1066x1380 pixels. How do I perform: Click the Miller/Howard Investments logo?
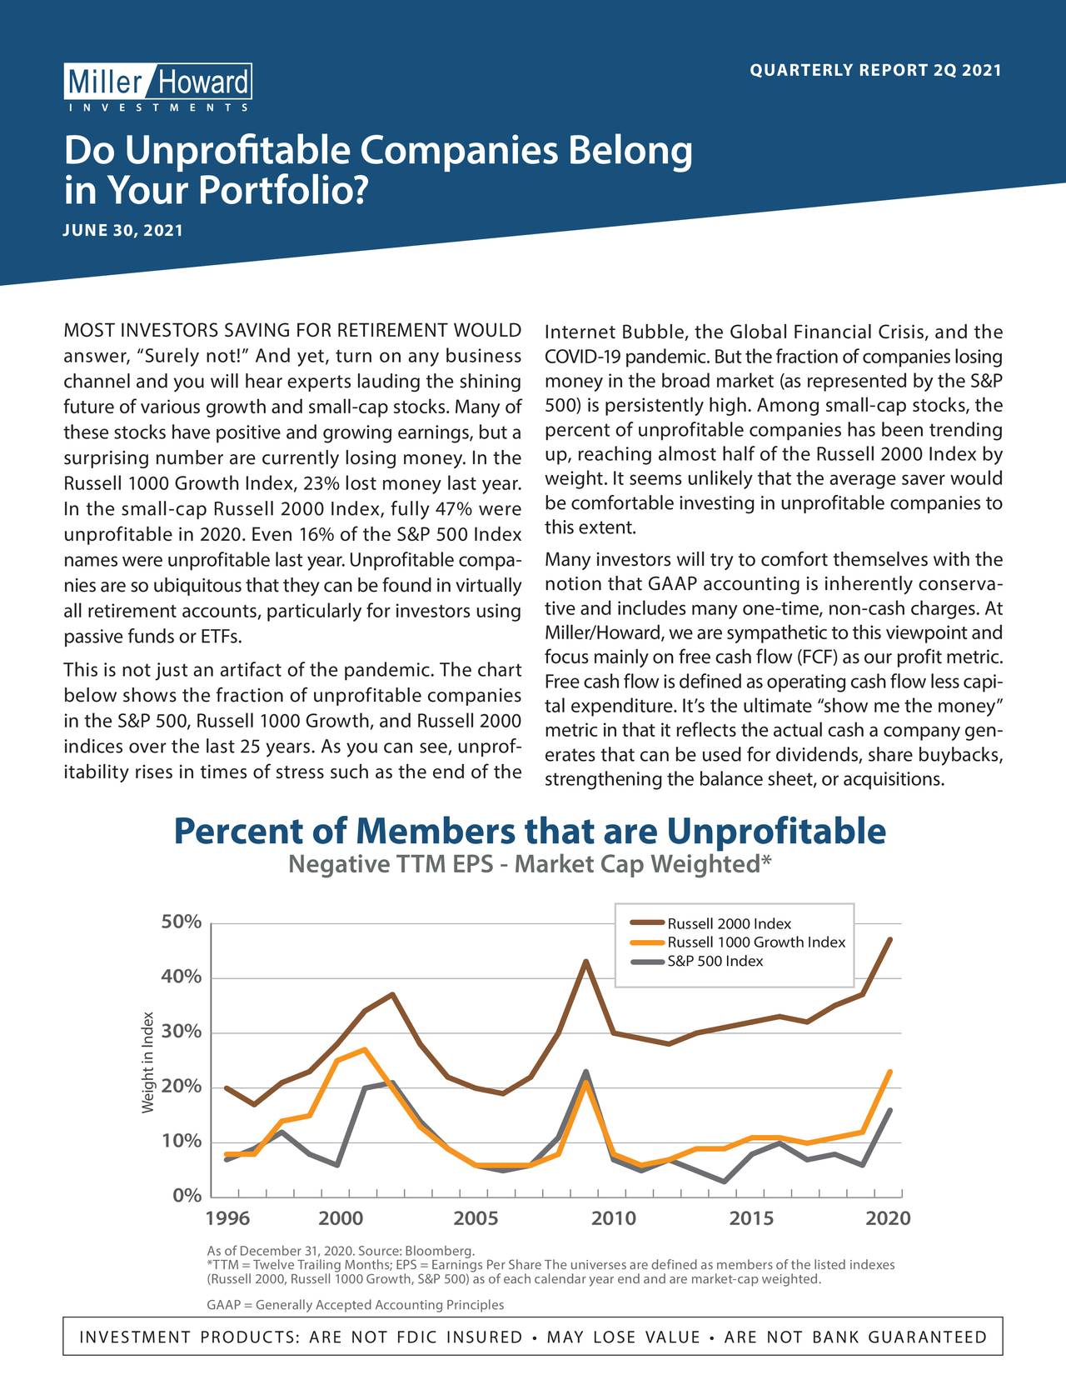click(x=157, y=87)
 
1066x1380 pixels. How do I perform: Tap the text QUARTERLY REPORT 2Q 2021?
click(x=875, y=70)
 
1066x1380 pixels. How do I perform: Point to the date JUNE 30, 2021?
click(x=123, y=230)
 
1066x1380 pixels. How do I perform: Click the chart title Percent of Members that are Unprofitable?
click(x=530, y=831)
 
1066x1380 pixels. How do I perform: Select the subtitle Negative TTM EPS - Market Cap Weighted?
click(x=530, y=863)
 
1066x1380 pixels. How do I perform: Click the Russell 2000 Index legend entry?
click(x=710, y=923)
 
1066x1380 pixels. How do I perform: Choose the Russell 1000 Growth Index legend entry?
click(x=737, y=942)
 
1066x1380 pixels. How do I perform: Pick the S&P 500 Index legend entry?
click(x=697, y=961)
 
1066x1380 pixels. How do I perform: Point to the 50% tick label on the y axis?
click(x=181, y=922)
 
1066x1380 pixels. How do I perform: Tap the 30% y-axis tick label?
click(x=181, y=1032)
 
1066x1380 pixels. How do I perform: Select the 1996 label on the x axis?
click(x=228, y=1218)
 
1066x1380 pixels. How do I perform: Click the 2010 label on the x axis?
click(x=614, y=1218)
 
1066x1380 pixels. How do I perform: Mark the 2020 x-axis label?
click(x=889, y=1218)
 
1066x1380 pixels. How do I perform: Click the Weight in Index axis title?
click(x=147, y=1062)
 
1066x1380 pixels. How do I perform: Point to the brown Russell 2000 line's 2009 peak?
click(x=585, y=961)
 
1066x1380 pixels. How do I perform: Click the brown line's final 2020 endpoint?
click(x=889, y=939)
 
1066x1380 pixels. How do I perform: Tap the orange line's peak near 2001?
click(x=364, y=1049)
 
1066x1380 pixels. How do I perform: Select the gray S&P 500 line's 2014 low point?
click(x=724, y=1181)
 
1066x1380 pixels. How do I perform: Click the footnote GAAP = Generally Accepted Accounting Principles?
click(x=356, y=1304)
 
